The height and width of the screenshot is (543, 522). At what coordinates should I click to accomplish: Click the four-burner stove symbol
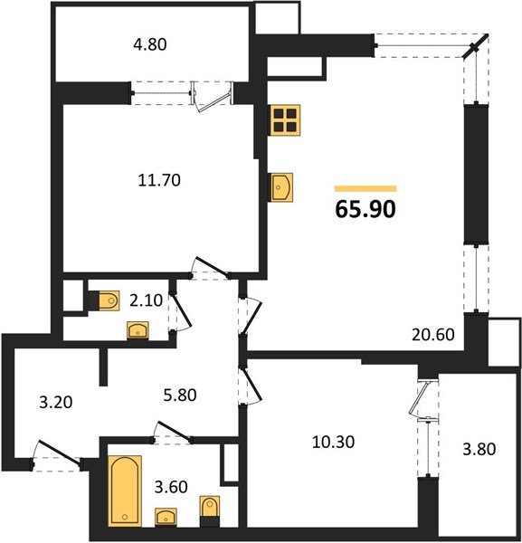click(x=285, y=119)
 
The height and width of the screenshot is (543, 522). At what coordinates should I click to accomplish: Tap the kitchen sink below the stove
click(x=280, y=187)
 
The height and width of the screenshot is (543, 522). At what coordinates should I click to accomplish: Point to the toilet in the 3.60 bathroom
click(x=211, y=510)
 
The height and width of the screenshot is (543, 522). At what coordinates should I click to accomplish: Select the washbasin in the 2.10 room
click(x=138, y=330)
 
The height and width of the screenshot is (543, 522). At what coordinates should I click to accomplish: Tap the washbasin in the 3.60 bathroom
click(x=167, y=517)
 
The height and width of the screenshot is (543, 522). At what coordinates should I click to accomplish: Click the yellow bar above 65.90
click(x=365, y=188)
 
